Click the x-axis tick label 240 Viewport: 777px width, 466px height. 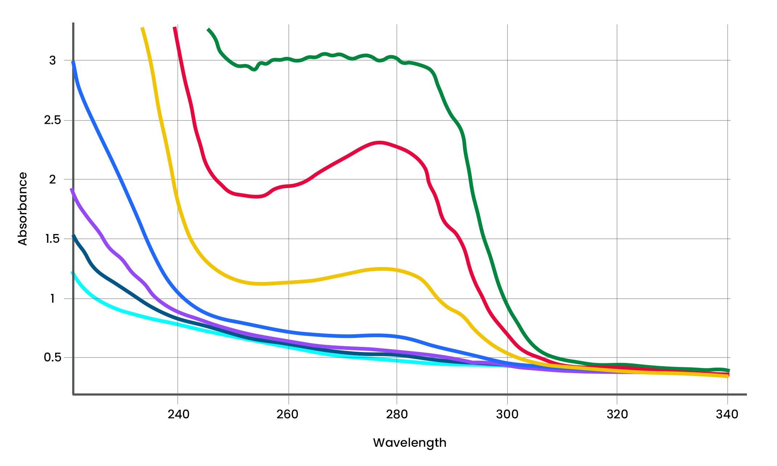178,414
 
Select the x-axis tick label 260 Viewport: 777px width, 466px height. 287,414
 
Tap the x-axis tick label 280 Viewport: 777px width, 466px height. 397,414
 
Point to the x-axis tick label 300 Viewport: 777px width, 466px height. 507,414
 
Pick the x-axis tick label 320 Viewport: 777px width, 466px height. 617,414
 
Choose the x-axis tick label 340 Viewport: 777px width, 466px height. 727,414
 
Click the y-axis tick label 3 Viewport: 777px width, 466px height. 53,61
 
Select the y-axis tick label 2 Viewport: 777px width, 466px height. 53,179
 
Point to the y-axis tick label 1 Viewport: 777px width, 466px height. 53,299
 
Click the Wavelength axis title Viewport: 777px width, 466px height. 410,443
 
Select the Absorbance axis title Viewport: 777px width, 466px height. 22,209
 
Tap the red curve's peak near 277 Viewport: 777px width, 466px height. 379,142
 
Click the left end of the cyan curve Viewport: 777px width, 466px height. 72,272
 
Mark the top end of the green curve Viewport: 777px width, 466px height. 208,29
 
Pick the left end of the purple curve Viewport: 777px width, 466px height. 71,189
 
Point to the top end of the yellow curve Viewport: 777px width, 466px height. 142,28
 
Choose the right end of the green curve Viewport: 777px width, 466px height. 728,371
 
